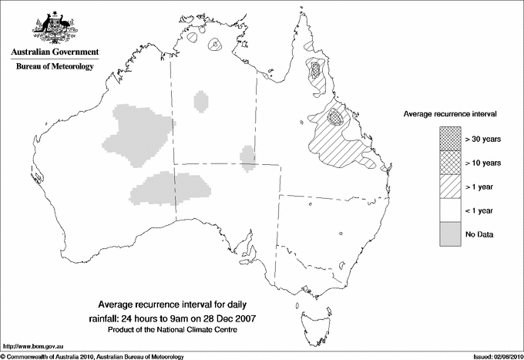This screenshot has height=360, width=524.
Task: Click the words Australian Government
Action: [x=54, y=52]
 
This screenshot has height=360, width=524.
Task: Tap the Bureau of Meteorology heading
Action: [x=55, y=67]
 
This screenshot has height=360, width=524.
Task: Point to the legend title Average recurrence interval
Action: [x=449, y=113]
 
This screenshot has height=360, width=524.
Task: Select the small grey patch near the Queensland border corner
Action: [x=247, y=156]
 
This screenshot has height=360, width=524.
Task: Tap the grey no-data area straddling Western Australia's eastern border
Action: [x=173, y=190]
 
